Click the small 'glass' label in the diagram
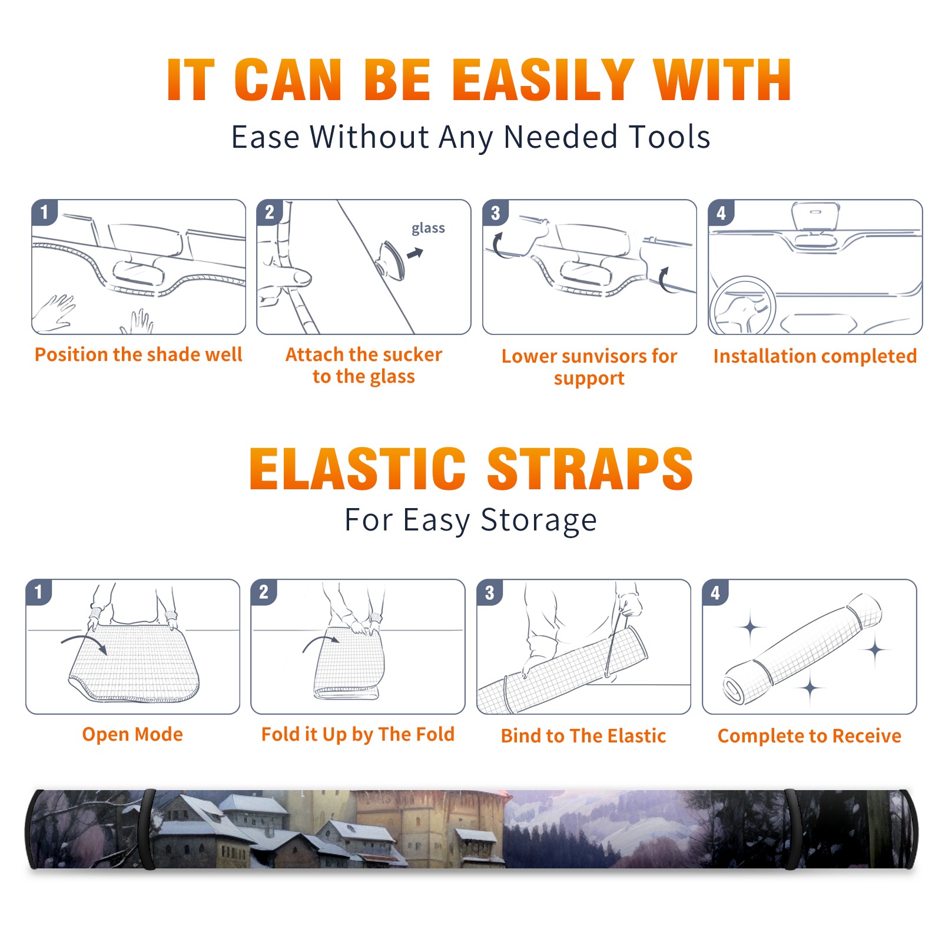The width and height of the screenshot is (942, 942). [428, 228]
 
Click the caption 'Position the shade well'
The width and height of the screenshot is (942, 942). [138, 354]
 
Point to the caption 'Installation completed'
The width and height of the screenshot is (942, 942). [815, 356]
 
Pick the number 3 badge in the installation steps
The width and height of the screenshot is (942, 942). [495, 213]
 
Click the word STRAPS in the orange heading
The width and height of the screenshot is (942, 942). [590, 469]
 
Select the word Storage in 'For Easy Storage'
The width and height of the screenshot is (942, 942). [539, 520]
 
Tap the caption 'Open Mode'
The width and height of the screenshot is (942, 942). [132, 734]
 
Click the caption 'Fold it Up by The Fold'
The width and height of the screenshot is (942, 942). [358, 735]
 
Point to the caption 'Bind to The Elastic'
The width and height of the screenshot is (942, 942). [583, 736]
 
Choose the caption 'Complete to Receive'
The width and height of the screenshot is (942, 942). [810, 736]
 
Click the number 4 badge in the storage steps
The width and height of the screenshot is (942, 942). [715, 592]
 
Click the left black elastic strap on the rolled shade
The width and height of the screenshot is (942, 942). [148, 829]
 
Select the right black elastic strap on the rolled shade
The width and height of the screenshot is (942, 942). [791, 829]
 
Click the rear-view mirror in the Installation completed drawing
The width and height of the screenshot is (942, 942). [815, 217]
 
